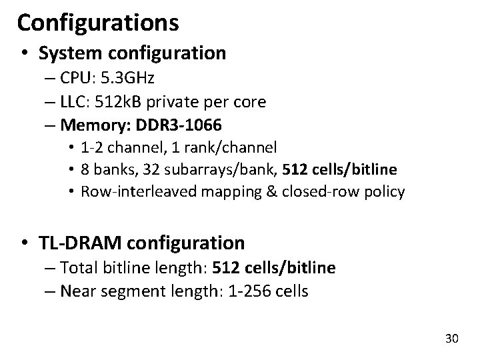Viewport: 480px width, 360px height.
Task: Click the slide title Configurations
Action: point(98,23)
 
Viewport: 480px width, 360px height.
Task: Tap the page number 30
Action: point(451,339)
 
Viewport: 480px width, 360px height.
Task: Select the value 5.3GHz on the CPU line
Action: point(127,78)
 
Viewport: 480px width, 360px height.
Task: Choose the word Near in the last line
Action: point(75,291)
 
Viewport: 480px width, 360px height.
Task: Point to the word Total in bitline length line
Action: point(77,268)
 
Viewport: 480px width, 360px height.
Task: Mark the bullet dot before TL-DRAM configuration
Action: point(24,243)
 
